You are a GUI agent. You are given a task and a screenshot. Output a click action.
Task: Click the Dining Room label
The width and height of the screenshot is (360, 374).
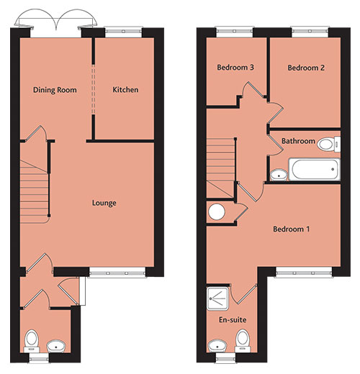(x=55, y=90)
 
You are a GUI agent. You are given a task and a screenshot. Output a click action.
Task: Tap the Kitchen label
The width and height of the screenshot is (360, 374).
(x=125, y=90)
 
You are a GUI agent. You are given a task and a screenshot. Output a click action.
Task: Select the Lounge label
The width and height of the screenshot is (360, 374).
(x=104, y=203)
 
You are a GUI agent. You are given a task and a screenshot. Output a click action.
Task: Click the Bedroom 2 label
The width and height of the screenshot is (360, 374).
(x=305, y=68)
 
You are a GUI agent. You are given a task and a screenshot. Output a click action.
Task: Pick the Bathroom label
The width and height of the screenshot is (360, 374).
(x=298, y=141)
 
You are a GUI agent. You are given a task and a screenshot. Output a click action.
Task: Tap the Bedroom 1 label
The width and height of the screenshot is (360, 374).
(x=291, y=229)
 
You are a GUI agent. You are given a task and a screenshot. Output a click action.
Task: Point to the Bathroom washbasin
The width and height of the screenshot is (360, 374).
(x=277, y=173)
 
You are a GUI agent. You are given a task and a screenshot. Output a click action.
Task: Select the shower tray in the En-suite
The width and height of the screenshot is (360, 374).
(x=217, y=296)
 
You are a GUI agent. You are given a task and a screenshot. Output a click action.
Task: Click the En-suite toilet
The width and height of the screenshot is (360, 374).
(x=243, y=338)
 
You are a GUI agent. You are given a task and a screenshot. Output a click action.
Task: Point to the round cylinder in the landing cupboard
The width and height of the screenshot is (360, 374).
(x=216, y=212)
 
